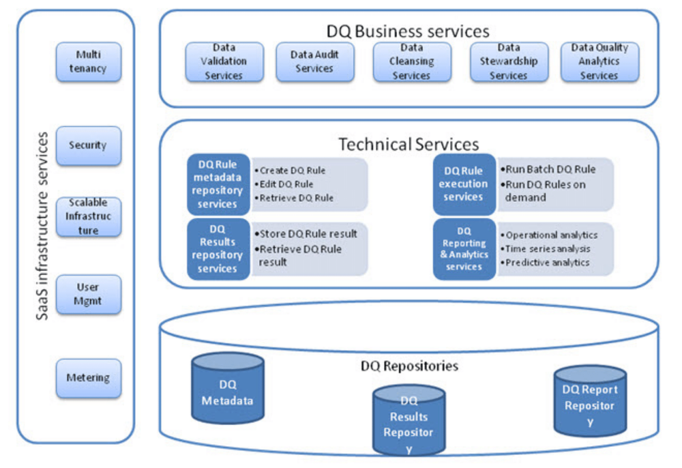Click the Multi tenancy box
[88, 61]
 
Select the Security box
[88, 145]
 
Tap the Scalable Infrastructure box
[88, 217]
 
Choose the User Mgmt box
[88, 295]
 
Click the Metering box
[88, 378]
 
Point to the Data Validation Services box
[224, 62]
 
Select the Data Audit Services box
[314, 62]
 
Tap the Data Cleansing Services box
[411, 62]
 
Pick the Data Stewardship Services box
[508, 62]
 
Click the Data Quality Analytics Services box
[599, 62]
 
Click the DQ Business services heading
[408, 31]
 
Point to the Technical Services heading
[409, 144]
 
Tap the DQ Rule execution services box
[464, 184]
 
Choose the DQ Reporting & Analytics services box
[464, 249]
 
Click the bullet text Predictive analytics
[547, 263]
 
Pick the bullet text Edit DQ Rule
[286, 184]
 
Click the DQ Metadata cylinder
[227, 389]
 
